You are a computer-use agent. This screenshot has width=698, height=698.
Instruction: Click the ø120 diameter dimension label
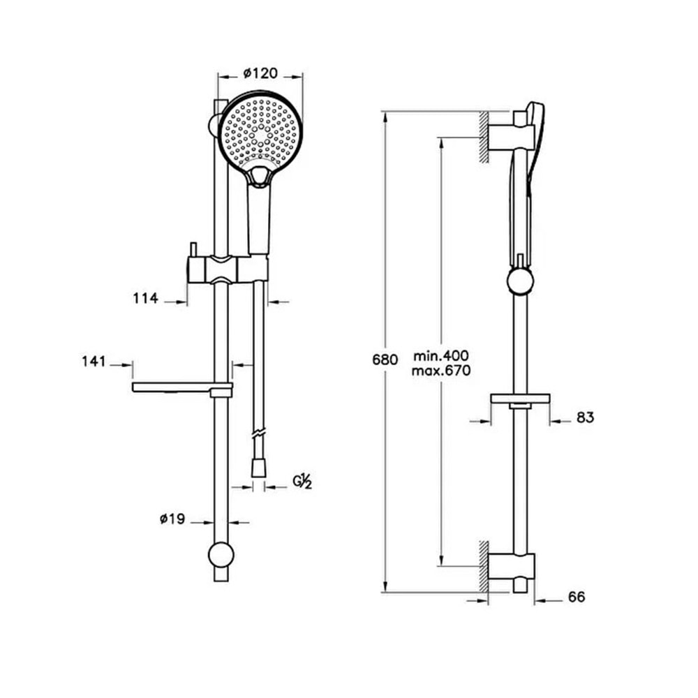(x=260, y=73)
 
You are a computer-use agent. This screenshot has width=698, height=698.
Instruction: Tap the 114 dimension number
(x=146, y=298)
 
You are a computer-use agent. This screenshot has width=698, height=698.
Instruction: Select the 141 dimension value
(x=94, y=361)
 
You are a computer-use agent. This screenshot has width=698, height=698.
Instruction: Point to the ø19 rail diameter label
(x=172, y=519)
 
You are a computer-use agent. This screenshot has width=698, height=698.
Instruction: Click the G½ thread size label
(x=302, y=482)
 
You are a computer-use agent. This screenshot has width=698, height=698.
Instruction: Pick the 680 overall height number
(x=385, y=359)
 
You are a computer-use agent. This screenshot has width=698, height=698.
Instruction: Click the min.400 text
(x=441, y=356)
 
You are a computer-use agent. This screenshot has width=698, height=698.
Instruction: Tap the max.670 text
(x=441, y=371)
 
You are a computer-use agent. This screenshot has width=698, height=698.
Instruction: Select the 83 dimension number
(x=586, y=417)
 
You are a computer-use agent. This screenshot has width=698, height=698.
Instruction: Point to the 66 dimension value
(x=577, y=597)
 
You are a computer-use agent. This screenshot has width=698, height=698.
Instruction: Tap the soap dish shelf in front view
(x=182, y=387)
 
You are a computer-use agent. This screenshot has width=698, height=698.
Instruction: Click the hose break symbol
(x=258, y=433)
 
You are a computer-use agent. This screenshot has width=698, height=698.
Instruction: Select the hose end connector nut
(x=258, y=469)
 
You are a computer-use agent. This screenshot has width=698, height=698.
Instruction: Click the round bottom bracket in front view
(x=221, y=555)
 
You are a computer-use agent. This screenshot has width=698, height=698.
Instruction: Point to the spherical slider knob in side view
(x=520, y=281)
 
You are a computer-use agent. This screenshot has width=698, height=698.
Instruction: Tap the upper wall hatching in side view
(x=484, y=138)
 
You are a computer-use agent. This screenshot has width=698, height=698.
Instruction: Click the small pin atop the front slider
(x=193, y=250)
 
